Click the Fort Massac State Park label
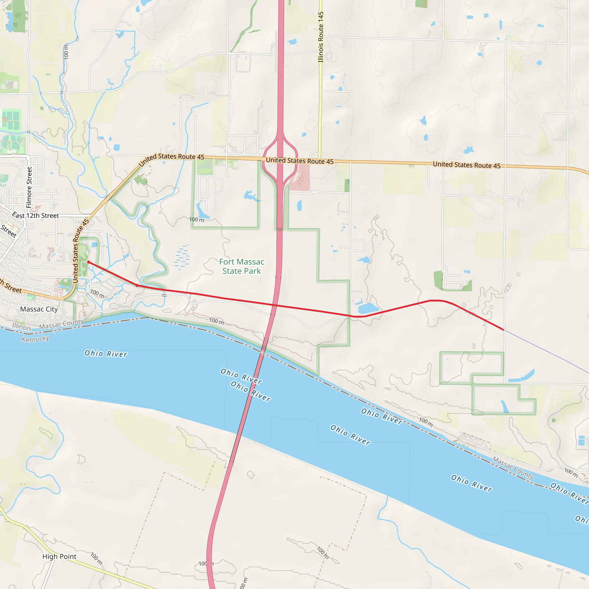242,266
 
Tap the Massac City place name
39,309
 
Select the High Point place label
59,557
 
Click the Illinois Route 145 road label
320,37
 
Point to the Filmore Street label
29,187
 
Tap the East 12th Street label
35,215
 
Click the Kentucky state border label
35,339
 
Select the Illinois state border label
22,326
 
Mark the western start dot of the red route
88,262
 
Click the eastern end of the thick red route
503,330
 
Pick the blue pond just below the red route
368,308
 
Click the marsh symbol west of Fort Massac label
182,257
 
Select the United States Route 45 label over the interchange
299,161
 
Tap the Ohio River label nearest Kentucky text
106,354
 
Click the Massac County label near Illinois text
61,324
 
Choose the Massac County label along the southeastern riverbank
513,468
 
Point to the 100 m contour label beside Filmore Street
66,51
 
